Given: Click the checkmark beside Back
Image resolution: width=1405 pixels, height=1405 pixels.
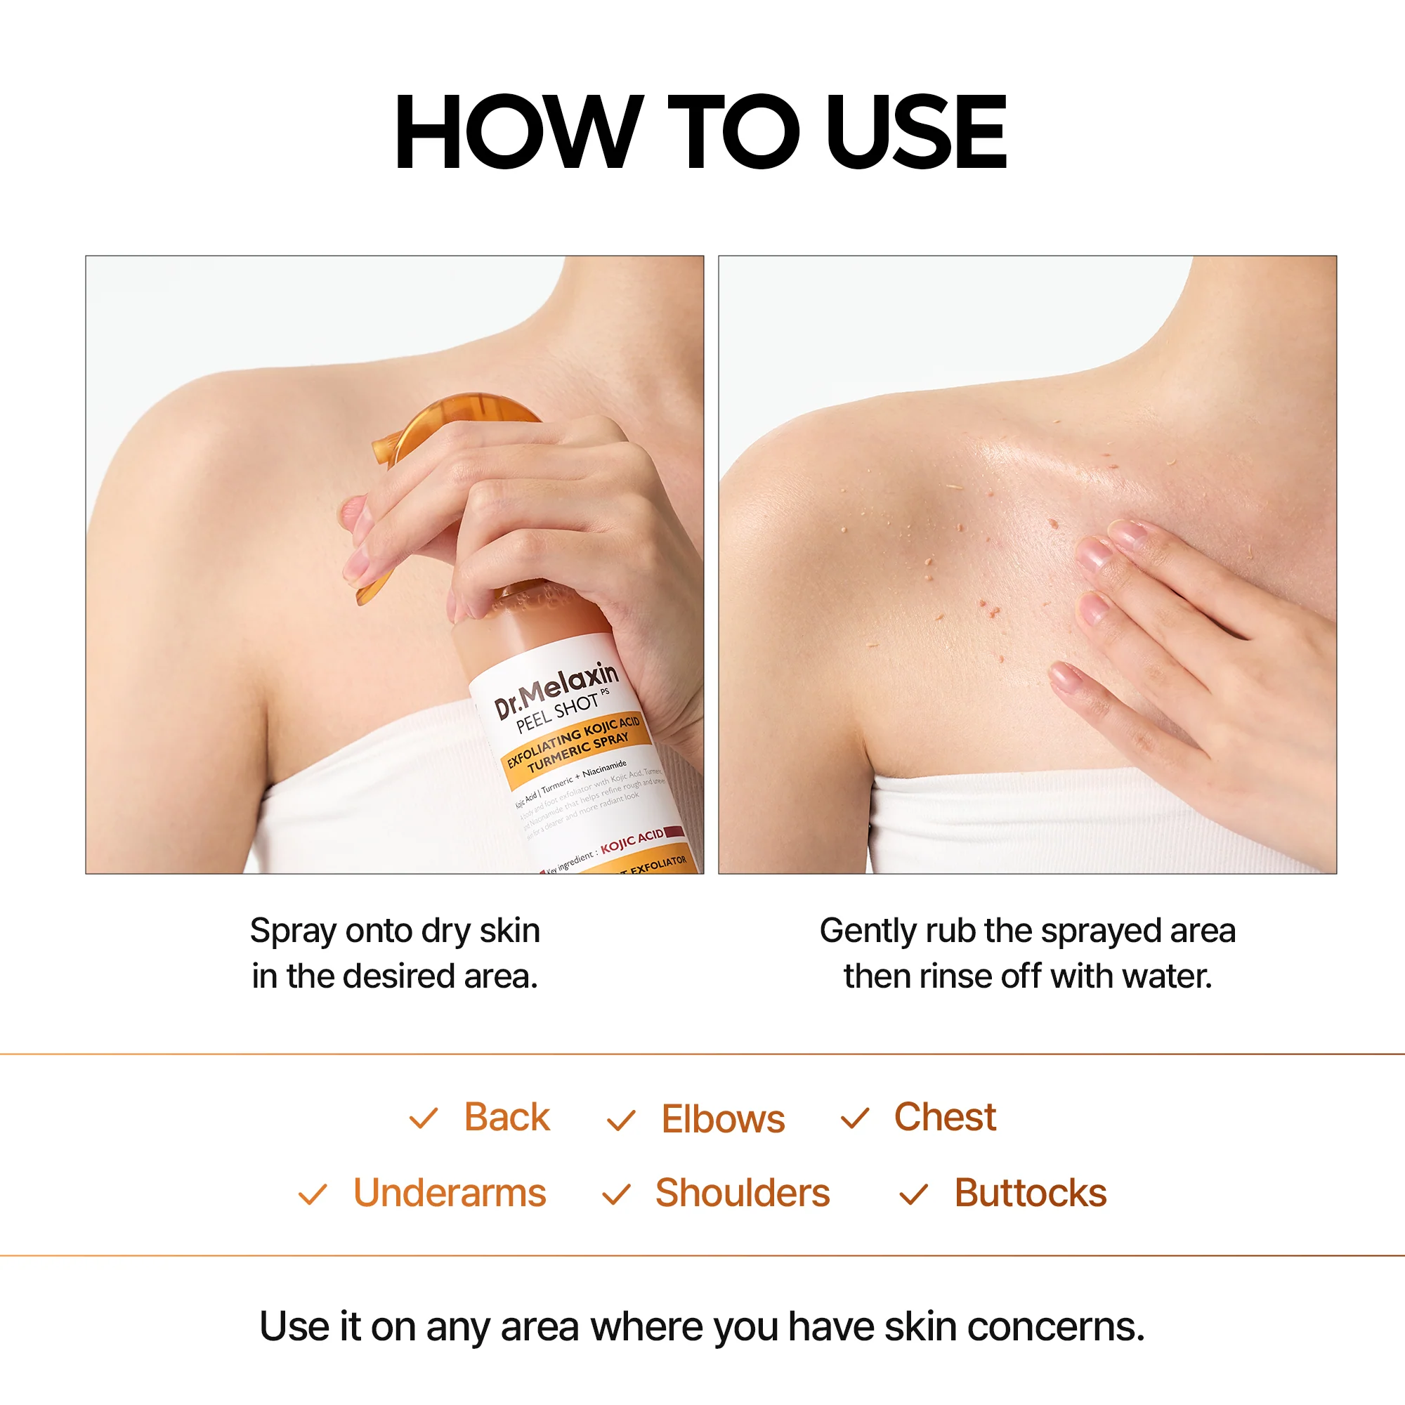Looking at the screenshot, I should point(423,1118).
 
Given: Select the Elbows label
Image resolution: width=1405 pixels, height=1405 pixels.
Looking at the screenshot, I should point(723,1119).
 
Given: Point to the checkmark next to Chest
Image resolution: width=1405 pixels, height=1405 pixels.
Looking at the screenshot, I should point(854,1118).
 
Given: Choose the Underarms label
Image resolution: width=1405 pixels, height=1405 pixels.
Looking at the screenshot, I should point(450,1194).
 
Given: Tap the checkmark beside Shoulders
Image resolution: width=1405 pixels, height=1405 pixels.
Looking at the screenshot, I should point(616,1194).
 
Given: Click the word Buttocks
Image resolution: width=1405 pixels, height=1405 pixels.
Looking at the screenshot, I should point(1030,1194).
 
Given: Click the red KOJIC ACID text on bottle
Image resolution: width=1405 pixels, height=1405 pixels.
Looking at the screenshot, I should point(632,841).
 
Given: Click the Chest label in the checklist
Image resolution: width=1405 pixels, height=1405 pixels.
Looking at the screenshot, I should point(945,1117).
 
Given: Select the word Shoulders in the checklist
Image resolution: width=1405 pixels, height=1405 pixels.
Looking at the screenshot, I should point(743,1194).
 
